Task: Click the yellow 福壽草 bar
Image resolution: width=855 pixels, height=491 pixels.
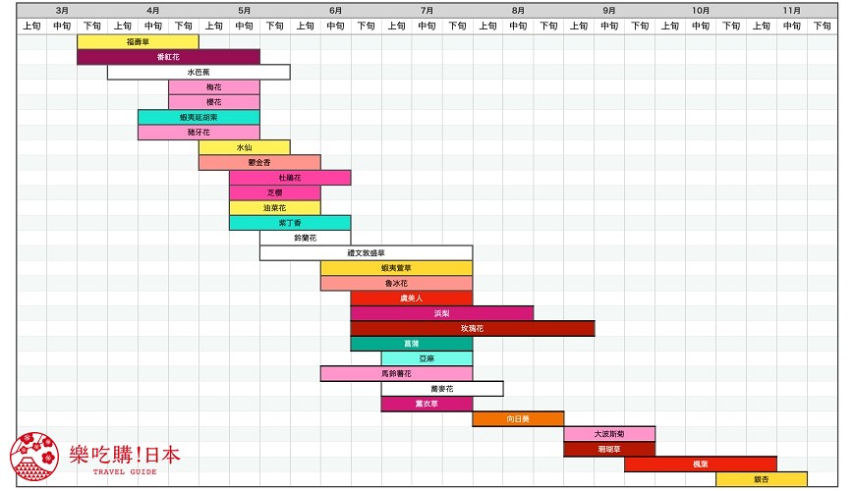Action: click(138, 42)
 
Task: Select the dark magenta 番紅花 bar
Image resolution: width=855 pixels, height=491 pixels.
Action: click(168, 57)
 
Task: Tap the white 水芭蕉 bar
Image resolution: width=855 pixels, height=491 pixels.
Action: click(199, 72)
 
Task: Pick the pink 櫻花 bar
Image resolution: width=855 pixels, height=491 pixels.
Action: click(213, 102)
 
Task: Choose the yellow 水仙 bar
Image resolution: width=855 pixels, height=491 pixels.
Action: click(244, 147)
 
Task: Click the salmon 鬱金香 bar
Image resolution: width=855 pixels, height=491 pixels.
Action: click(259, 162)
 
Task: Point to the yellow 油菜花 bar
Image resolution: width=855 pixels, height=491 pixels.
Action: click(274, 208)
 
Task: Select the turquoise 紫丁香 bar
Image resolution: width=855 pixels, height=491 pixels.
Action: click(290, 223)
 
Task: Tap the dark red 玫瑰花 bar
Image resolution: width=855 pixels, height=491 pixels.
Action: click(472, 328)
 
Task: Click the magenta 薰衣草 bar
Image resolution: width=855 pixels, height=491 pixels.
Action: click(427, 404)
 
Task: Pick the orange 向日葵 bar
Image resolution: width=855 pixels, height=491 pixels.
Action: click(518, 418)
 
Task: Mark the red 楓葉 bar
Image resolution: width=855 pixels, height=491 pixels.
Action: click(700, 464)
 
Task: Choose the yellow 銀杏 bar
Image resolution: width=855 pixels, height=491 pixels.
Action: click(761, 479)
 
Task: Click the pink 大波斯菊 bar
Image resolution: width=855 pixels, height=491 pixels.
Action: click(609, 434)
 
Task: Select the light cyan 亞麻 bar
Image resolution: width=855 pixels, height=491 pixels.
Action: click(427, 358)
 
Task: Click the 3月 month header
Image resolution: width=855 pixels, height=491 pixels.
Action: click(62, 10)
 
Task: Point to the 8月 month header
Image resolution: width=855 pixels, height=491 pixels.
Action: click(518, 10)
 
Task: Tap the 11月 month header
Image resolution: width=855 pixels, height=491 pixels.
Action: click(791, 10)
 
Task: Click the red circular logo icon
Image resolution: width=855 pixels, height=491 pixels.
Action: click(33, 458)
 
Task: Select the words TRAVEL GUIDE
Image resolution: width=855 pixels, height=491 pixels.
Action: click(125, 472)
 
